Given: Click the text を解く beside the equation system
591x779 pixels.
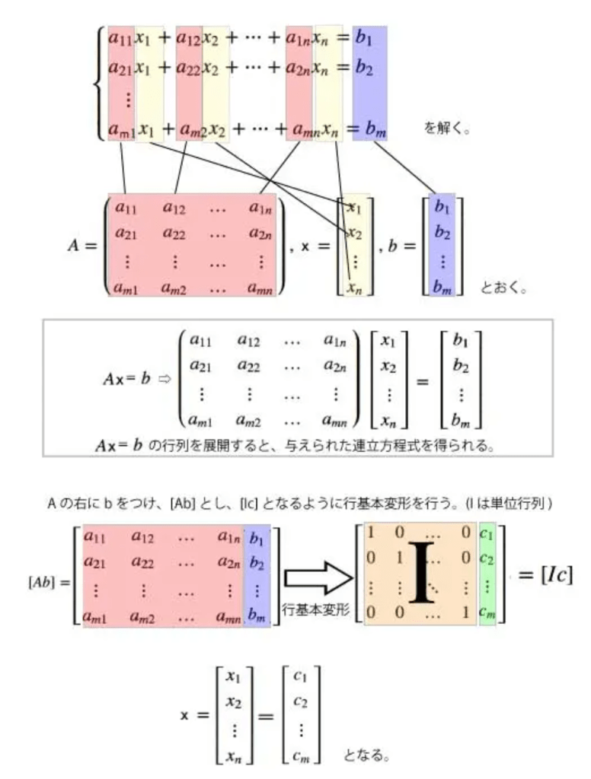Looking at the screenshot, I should [446, 128].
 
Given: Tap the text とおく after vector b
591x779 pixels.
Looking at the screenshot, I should [503, 288].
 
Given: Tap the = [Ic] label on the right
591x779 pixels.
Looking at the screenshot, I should [545, 574].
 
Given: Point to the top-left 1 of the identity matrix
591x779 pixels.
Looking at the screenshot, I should [371, 533].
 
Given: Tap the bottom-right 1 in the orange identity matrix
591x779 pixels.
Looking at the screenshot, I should [465, 611].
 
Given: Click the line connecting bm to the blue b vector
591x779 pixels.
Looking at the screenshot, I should [404, 167].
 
